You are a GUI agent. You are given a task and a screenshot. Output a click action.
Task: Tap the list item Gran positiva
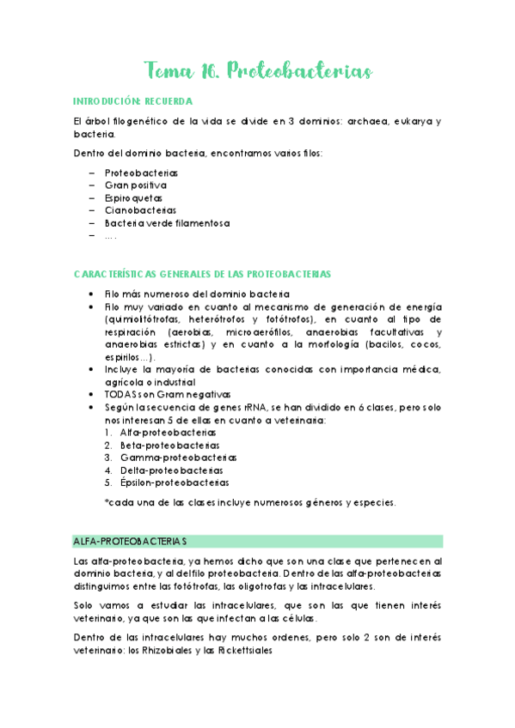point(136,185)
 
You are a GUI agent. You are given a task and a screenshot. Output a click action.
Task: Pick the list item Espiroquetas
point(135,197)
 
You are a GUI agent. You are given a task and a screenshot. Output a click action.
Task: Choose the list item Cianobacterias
point(140,209)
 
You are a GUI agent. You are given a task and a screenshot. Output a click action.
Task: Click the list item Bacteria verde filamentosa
point(167,222)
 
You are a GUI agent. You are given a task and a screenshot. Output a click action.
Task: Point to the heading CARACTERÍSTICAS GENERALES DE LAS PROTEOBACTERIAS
point(202,274)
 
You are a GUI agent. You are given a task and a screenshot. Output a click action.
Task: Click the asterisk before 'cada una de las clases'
point(107,503)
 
